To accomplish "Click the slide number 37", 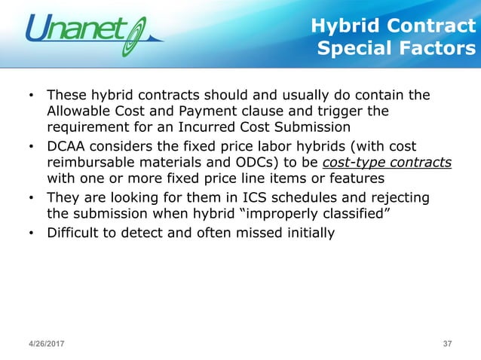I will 447,344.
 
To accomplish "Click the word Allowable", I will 78,111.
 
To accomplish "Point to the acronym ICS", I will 259,197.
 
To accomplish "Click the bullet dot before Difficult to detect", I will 30,233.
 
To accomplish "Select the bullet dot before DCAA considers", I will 30,147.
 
